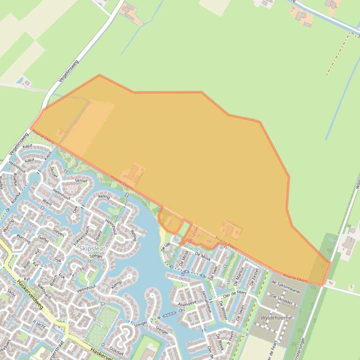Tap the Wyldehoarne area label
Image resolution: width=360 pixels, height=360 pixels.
coord(276,318)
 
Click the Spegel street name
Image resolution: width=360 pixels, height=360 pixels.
coord(96,256)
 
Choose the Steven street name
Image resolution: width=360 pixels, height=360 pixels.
coord(59,231)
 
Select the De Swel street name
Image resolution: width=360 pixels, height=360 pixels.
coord(215,271)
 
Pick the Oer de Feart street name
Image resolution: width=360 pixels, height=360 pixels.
coord(235,294)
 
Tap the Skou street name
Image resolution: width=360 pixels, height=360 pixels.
coord(11,292)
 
